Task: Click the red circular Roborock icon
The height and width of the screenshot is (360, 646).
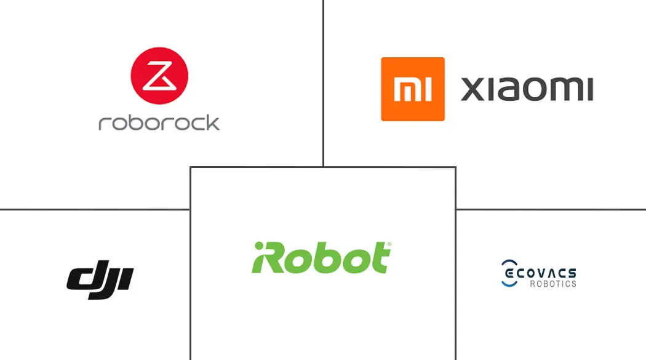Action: [159, 76]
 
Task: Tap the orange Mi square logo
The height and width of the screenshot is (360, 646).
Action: [412, 89]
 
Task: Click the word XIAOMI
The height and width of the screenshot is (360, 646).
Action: [527, 89]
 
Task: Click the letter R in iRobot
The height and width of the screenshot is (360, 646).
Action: [273, 258]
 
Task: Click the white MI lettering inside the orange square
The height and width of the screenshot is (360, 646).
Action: [412, 89]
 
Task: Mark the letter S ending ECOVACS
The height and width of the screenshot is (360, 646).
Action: [572, 273]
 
